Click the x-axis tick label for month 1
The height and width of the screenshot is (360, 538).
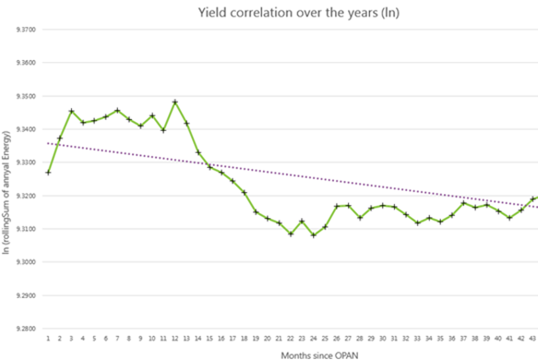[48, 338]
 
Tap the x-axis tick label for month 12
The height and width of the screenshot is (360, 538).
[174, 338]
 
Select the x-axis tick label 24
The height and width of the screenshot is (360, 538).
[314, 338]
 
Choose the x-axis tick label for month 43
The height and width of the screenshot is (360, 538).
[532, 338]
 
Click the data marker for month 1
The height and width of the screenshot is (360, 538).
[48, 173]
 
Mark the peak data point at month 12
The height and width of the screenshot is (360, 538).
[174, 102]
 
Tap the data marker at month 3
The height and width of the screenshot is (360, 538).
[71, 111]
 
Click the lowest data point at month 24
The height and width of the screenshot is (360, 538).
[314, 235]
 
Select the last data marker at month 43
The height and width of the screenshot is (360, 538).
[532, 198]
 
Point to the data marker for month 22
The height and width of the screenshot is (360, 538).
[291, 234]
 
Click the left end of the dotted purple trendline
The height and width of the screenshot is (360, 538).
[46, 143]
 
